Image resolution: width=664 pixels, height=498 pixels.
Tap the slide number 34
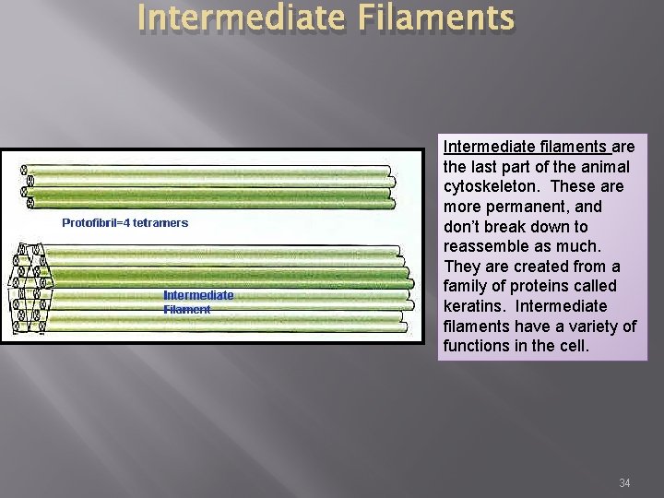(x=624, y=482)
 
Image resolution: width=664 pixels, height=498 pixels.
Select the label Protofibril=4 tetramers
(x=125, y=222)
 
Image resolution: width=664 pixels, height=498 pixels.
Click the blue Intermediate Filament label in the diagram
(x=198, y=302)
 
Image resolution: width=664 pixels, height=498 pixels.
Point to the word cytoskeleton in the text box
(x=490, y=186)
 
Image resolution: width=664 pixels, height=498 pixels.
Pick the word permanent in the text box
(x=523, y=207)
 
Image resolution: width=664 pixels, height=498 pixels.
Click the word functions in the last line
(x=477, y=346)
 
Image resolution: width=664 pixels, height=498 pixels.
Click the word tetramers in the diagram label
(x=160, y=222)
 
